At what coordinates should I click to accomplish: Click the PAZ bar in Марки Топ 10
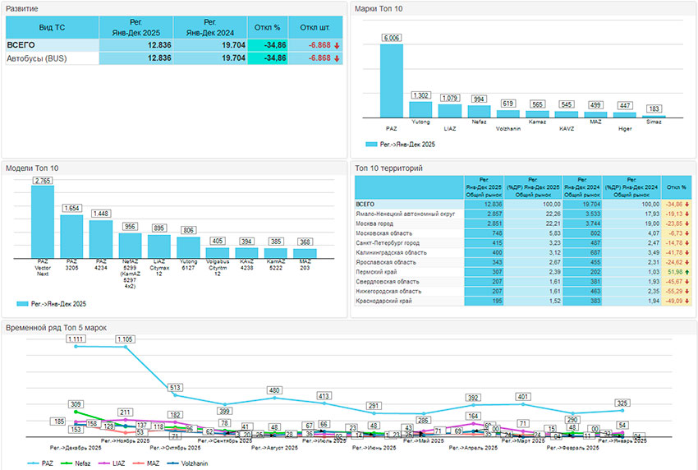pyautogui.click(x=391, y=81)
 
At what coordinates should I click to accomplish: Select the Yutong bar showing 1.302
pyautogui.click(x=420, y=110)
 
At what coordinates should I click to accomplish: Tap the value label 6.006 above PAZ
pyautogui.click(x=391, y=38)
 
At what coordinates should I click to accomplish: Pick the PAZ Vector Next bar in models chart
pyautogui.click(x=43, y=222)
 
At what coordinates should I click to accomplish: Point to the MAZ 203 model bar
pyautogui.click(x=305, y=252)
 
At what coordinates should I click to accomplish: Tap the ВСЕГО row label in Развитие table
pyautogui.click(x=21, y=45)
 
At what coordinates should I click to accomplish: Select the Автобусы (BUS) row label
pyautogui.click(x=36, y=58)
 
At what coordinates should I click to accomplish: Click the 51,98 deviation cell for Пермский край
pyautogui.click(x=675, y=271)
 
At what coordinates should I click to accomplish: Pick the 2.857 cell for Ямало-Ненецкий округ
pyautogui.click(x=480, y=213)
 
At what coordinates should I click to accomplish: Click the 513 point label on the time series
pyautogui.click(x=175, y=387)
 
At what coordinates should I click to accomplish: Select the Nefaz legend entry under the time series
pyautogui.click(x=79, y=463)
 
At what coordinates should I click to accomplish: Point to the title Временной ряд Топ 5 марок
pyautogui.click(x=56, y=328)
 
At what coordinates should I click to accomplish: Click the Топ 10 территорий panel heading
pyautogui.click(x=389, y=168)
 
